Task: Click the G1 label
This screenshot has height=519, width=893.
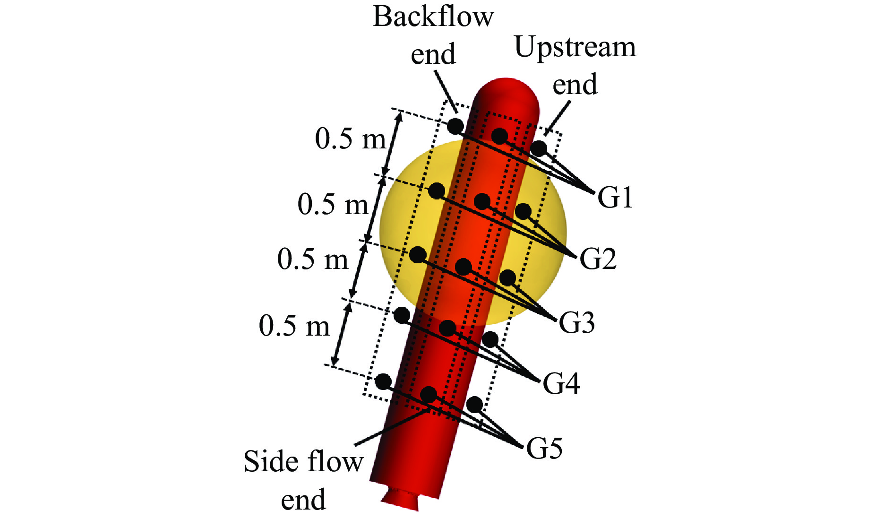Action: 615,197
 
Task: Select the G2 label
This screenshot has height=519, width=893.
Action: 598,259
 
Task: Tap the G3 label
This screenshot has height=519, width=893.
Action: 576,323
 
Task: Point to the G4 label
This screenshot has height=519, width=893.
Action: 561,383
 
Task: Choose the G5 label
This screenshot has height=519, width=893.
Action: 544,448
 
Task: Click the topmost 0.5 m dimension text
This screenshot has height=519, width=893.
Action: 351,139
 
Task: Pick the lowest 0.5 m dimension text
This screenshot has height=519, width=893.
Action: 294,326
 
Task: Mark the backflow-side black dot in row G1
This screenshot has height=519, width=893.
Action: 455,126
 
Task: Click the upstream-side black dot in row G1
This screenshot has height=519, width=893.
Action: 539,148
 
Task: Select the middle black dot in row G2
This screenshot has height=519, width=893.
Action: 482,201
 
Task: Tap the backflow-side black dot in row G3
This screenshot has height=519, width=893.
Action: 418,255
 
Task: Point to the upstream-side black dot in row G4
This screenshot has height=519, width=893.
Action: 490,339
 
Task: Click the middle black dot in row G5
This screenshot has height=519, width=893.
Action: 429,395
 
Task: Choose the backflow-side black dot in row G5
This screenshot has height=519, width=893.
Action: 383,381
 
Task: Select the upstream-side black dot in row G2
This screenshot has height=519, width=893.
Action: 523,211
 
